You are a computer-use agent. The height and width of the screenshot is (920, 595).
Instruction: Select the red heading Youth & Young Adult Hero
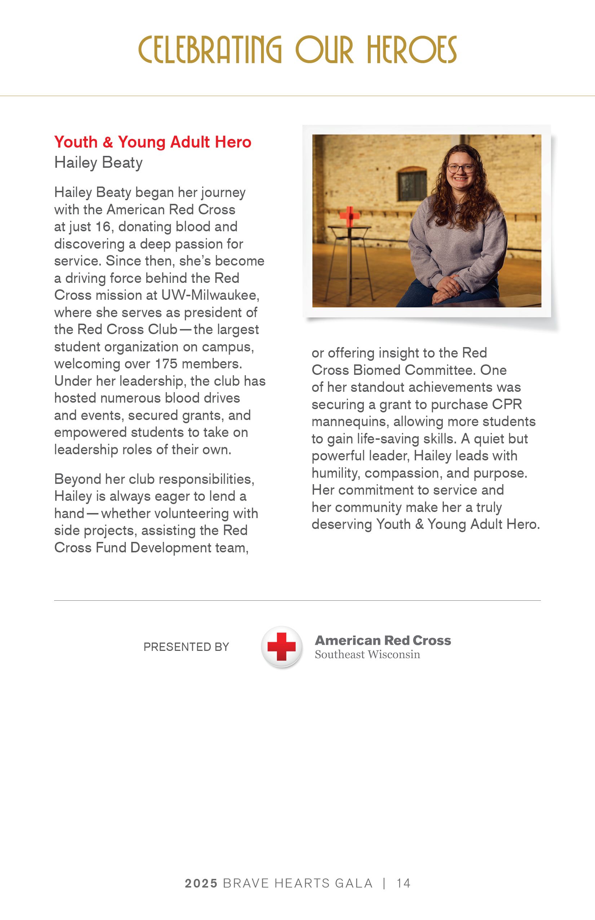click(x=153, y=142)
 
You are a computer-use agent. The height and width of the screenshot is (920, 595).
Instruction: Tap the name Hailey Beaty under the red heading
click(x=98, y=162)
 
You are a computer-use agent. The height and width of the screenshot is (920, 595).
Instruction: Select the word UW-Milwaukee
click(x=210, y=295)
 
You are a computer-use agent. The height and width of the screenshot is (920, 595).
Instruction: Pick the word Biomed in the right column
click(x=377, y=370)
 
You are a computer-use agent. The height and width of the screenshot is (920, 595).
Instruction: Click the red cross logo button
click(x=282, y=647)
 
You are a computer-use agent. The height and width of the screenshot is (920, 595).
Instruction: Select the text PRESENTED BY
click(x=186, y=647)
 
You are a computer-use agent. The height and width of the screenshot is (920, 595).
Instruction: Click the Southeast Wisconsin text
click(x=367, y=654)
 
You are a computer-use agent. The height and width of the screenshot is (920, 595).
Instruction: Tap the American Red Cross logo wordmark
click(x=383, y=640)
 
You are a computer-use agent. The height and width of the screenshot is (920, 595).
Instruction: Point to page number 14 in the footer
click(x=404, y=883)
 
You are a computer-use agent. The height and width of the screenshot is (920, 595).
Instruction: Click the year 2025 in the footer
click(x=201, y=883)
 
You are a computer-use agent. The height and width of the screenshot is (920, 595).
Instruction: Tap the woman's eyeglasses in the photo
click(x=460, y=168)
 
